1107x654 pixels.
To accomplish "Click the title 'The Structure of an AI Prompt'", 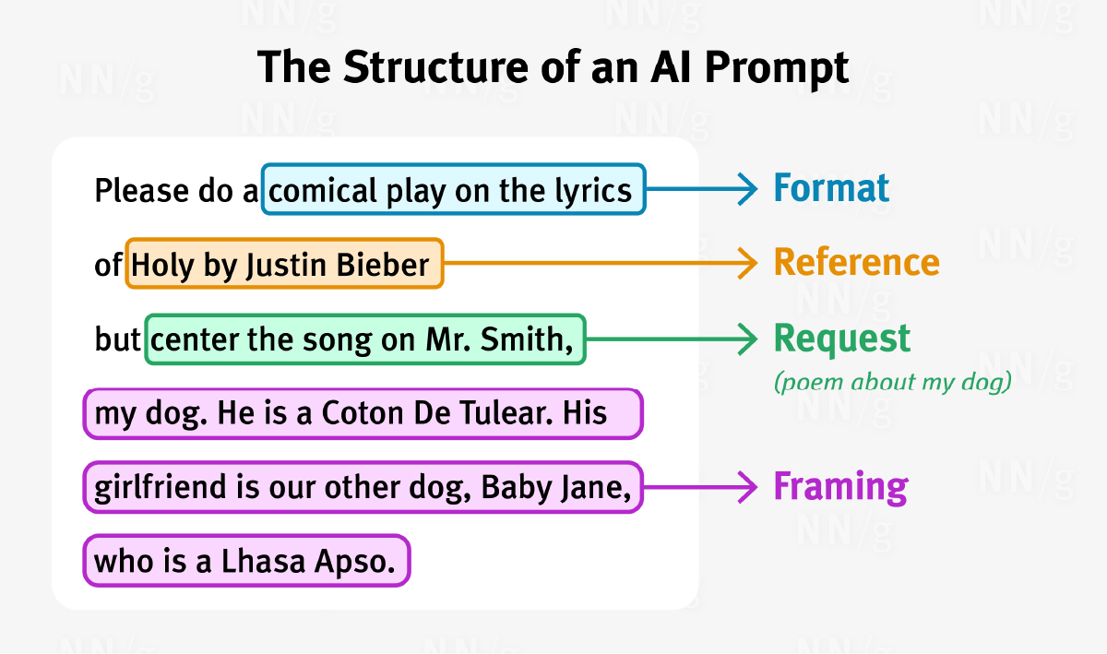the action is point(553,67).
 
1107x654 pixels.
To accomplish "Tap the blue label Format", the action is point(831,188).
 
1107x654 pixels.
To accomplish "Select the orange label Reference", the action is point(856,262).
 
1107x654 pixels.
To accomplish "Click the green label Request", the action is point(841,340).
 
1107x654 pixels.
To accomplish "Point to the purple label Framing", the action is point(840,487).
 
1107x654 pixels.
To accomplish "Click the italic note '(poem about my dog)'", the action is point(893,383).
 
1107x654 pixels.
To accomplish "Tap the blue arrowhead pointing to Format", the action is point(748,189).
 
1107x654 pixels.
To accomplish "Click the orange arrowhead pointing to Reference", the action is point(748,263).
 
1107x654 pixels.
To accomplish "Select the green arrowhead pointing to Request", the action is point(748,339).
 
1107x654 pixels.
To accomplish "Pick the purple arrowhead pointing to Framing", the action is point(748,487).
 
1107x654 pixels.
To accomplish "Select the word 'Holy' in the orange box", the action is point(162,267).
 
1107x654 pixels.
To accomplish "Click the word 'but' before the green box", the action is point(118,339).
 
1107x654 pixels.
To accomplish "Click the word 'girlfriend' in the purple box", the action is point(160,487).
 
